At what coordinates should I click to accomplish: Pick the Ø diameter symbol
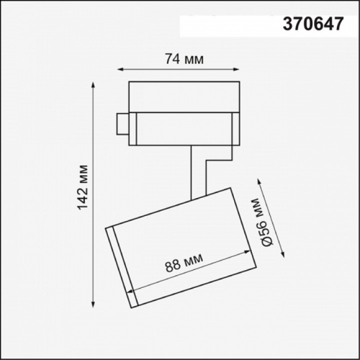pos(265,243)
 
